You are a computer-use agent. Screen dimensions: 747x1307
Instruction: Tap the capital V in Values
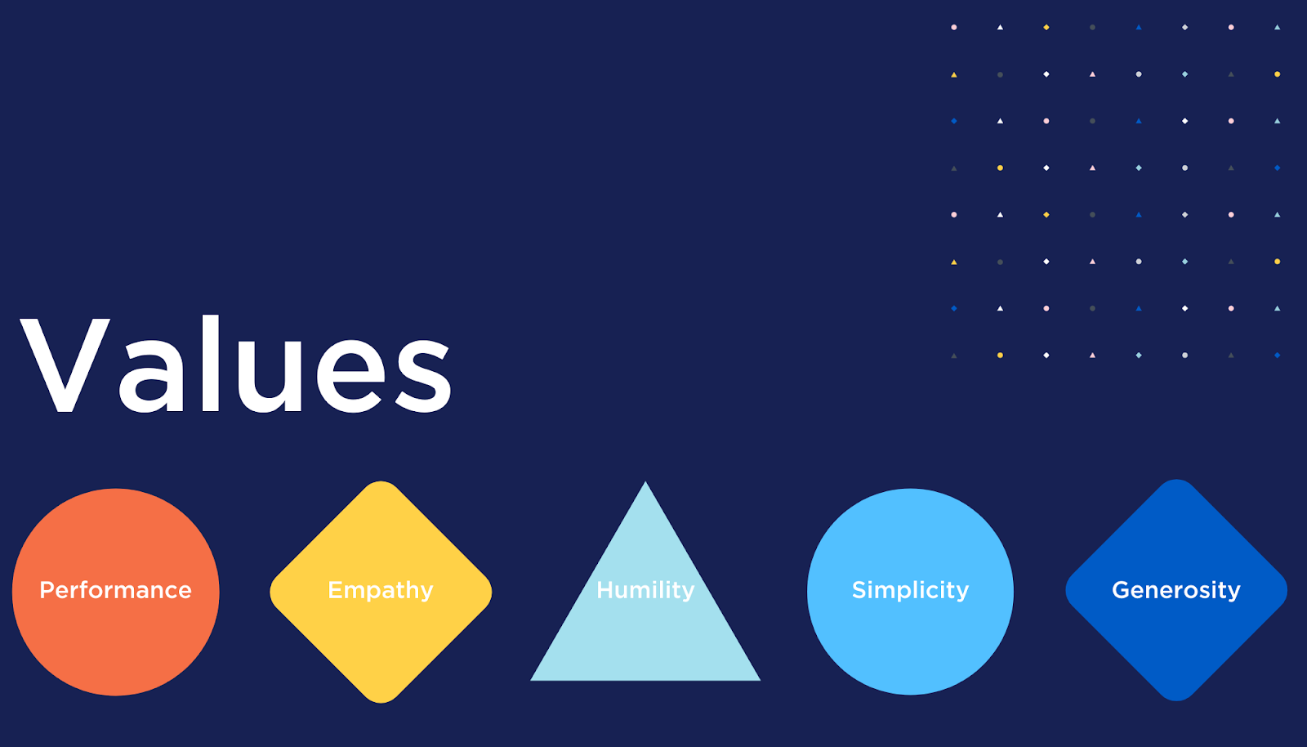[65, 365]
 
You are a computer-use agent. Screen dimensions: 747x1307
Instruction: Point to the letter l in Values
[210, 364]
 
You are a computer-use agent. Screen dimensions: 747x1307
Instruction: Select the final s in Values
[423, 376]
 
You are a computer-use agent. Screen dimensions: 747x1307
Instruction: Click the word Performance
[115, 590]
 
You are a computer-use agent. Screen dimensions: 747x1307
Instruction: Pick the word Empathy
[381, 590]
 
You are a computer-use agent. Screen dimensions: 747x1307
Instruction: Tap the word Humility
[645, 589]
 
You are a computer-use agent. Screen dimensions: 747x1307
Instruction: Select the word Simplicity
[910, 590]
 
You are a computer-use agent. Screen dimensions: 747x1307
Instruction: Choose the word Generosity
[1176, 590]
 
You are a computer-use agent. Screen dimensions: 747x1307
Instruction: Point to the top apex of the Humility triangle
[645, 483]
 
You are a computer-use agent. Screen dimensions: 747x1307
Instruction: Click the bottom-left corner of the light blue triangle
[533, 679]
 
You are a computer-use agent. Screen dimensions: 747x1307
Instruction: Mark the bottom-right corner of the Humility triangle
[759, 679]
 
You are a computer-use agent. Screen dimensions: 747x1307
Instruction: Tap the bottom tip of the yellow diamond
[381, 700]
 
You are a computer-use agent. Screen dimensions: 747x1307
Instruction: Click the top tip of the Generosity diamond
[1176, 481]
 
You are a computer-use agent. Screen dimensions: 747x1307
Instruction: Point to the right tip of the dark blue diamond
[1286, 590]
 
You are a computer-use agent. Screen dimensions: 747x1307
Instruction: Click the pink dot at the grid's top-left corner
[953, 27]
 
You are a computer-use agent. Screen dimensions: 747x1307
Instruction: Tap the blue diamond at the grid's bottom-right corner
[1277, 355]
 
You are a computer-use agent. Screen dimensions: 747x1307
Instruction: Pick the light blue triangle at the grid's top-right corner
[1277, 27]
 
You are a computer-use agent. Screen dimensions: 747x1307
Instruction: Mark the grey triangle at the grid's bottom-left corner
[953, 356]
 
